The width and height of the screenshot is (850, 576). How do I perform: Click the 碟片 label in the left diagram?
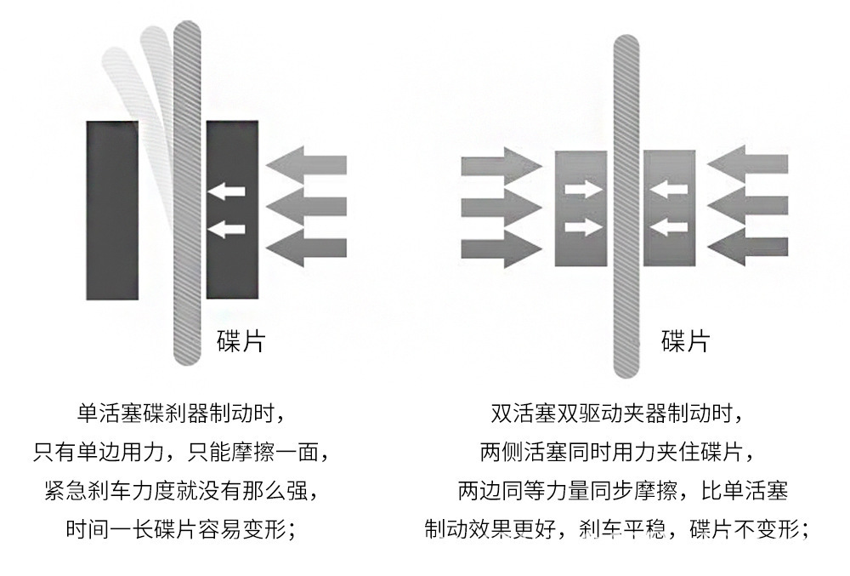pos(241,341)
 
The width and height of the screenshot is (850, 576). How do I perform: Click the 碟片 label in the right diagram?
pos(685,341)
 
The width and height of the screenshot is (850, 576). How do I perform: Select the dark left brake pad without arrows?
pos(112,209)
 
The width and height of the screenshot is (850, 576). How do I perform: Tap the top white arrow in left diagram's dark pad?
pos(227,191)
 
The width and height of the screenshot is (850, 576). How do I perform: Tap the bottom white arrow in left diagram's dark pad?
pos(227,228)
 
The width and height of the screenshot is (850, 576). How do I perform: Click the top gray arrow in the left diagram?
pos(307,163)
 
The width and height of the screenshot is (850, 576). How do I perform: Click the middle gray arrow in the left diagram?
pos(307,205)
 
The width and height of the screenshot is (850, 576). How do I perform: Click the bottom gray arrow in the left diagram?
pos(307,248)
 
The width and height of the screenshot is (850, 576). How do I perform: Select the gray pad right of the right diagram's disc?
pos(669,208)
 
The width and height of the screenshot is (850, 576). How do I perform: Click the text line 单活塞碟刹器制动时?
pos(179,414)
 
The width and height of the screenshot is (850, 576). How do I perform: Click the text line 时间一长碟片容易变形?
pos(179,529)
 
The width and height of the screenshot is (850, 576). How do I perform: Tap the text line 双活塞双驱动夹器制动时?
pos(617,414)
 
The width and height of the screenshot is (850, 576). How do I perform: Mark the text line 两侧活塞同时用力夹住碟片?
pos(617,451)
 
